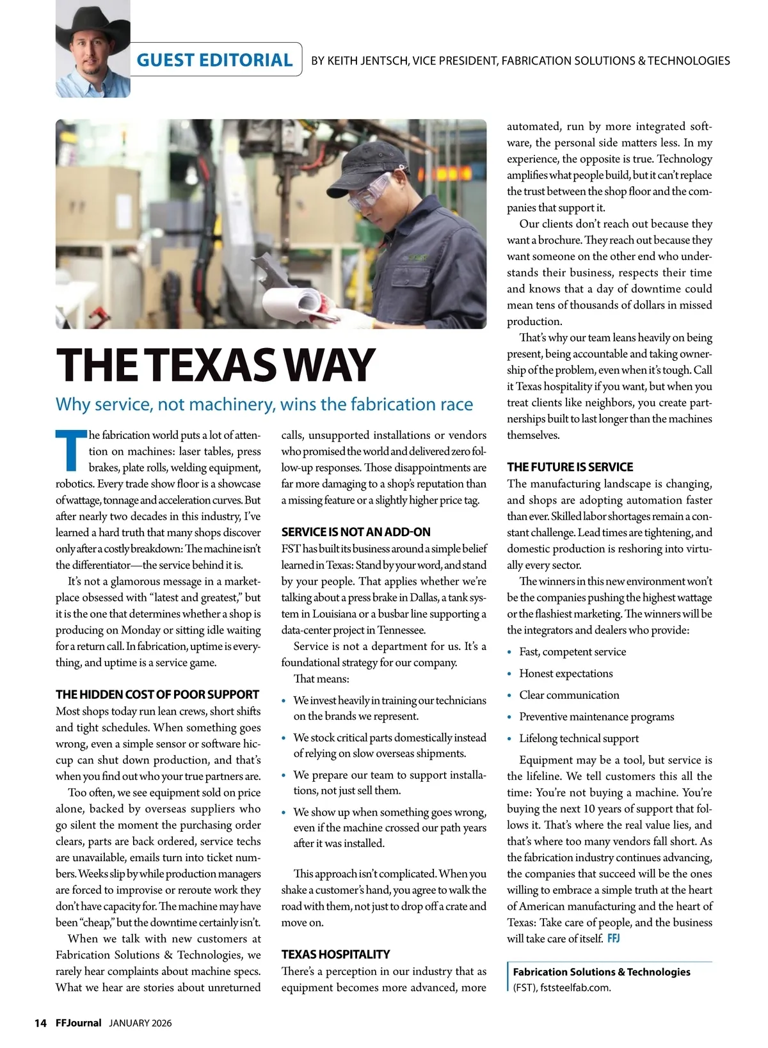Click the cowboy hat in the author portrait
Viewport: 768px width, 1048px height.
92,26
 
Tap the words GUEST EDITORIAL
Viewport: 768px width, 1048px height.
214,60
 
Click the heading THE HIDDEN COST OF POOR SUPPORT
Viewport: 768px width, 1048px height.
157,694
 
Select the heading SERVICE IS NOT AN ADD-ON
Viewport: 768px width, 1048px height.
356,532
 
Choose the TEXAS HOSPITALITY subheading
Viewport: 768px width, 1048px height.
335,954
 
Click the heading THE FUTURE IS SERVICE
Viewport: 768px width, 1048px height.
570,467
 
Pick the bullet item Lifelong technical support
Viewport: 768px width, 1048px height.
579,738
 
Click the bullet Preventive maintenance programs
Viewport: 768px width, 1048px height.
596,717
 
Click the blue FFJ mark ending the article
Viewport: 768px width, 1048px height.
613,939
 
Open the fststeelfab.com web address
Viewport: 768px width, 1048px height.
575,987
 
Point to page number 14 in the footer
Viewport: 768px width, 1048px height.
40,1023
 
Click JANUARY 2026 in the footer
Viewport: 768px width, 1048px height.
140,1023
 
